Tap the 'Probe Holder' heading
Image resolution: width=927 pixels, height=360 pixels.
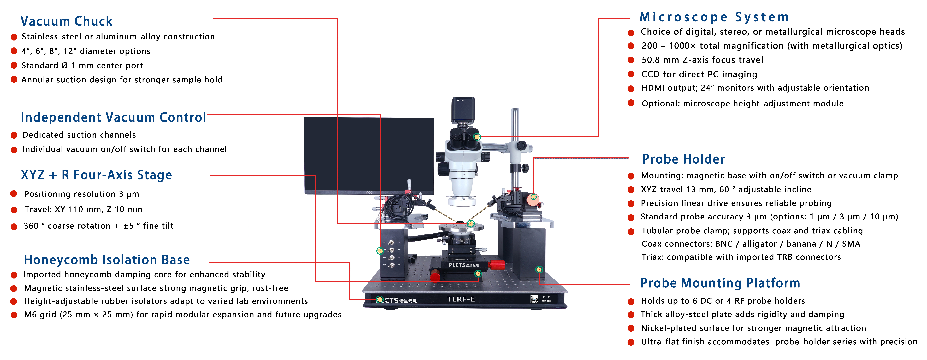coord(683,159)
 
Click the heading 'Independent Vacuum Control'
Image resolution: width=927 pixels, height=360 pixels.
coord(113,117)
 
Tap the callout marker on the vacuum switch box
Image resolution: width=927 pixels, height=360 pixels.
coord(380,251)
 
